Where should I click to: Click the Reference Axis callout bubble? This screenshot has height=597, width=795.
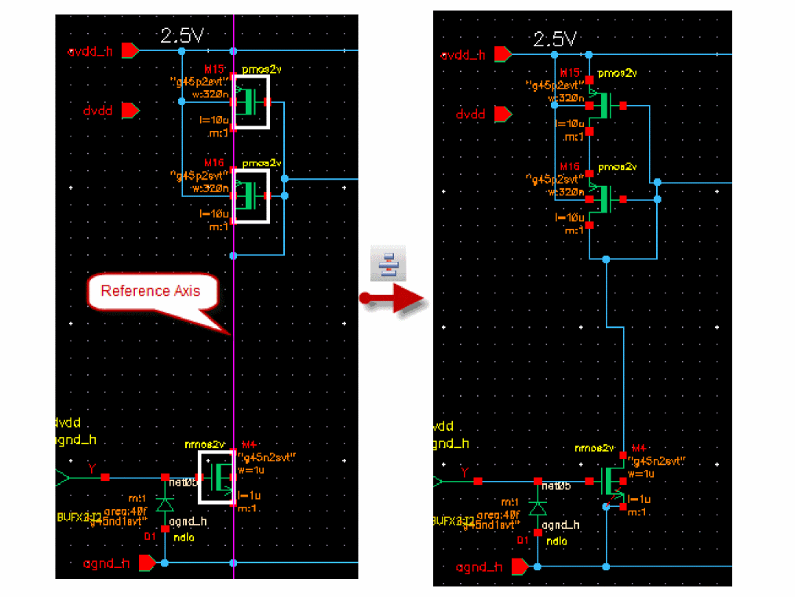tap(151, 292)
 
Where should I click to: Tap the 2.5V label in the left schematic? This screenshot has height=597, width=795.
tap(182, 35)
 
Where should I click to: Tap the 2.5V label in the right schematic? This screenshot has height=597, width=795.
tap(554, 39)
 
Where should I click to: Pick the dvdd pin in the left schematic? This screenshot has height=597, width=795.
tap(129, 111)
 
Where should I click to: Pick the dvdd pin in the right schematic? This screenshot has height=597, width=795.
tap(502, 115)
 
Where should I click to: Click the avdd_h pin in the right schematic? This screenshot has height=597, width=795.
tap(503, 55)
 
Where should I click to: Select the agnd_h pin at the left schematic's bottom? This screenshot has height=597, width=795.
tap(147, 562)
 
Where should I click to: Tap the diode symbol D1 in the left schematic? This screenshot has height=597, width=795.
tap(165, 504)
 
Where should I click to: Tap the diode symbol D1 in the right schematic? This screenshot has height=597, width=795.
tap(538, 508)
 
